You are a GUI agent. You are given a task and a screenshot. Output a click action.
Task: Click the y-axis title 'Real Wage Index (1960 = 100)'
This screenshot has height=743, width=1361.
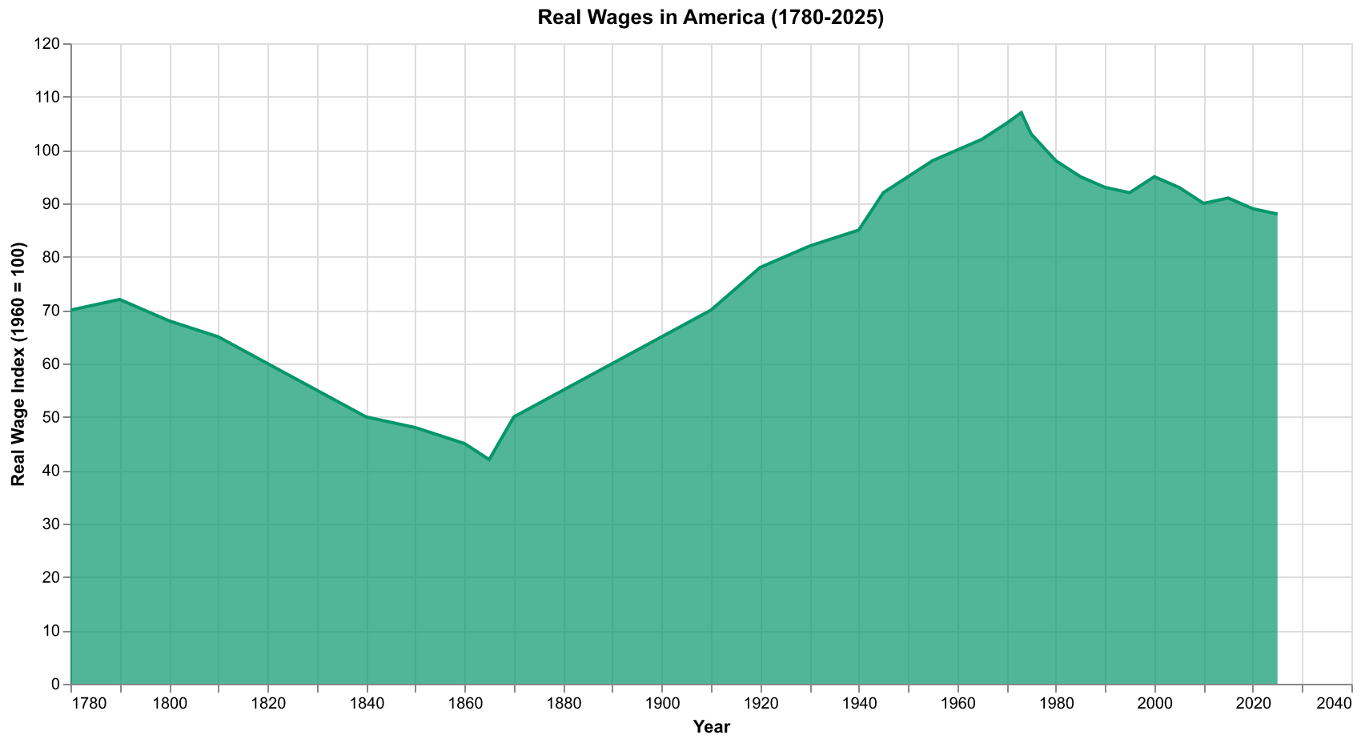[18, 364]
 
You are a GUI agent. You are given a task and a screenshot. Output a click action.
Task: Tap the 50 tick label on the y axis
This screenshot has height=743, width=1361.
[53, 418]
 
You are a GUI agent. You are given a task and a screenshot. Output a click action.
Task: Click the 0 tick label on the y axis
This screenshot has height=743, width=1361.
[56, 685]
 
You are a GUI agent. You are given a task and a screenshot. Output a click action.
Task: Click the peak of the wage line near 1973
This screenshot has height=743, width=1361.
[1022, 112]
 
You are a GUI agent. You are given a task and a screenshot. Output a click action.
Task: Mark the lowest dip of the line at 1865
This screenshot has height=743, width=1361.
[489, 460]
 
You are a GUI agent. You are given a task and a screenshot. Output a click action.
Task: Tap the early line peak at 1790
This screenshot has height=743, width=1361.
[120, 299]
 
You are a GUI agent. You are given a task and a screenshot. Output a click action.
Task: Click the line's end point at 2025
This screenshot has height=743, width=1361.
[1277, 214]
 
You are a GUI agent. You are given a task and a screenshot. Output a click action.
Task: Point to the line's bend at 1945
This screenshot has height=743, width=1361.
[883, 193]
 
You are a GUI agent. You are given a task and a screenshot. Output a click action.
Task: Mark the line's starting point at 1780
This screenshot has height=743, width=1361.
[71, 311]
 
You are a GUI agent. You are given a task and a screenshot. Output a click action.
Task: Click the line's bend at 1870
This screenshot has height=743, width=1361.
[514, 417]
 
